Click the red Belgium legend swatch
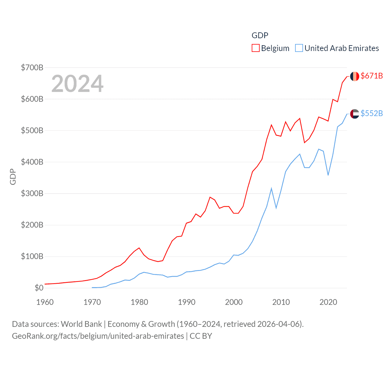(256, 48)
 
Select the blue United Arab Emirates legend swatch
(299, 48)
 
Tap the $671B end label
(371, 76)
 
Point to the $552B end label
(371, 113)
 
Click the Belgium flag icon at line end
(355, 76)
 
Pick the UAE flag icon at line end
(355, 114)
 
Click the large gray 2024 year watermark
(77, 84)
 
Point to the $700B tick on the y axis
(32, 68)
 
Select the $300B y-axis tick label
(32, 193)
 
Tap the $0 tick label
(39, 288)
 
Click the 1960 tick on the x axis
(45, 302)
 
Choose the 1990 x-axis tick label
(187, 302)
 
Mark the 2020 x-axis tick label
(328, 302)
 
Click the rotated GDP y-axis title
(13, 177)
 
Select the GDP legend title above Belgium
(260, 35)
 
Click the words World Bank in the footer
(81, 324)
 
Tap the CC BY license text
(201, 336)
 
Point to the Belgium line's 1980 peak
(139, 248)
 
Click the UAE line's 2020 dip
(328, 175)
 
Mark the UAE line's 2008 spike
(271, 188)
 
